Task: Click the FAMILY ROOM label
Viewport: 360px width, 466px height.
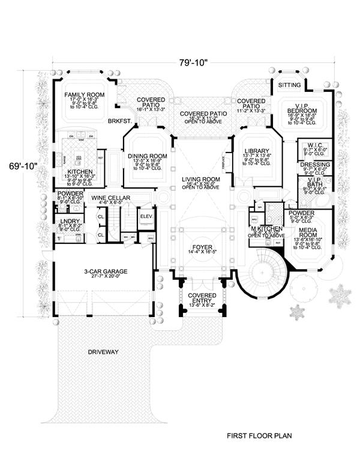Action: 84,95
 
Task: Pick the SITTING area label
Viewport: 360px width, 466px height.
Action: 290,85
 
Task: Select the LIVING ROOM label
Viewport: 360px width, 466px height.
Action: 201,180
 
